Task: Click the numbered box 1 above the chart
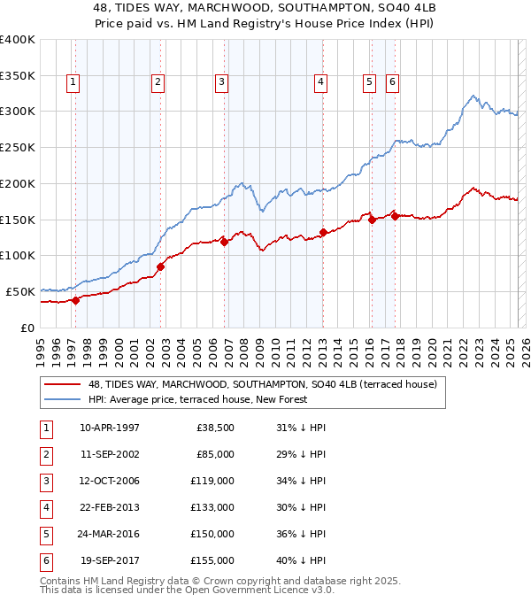coord(72,82)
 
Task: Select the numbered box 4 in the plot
coord(320,82)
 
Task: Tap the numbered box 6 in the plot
coord(391,82)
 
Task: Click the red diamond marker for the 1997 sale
coord(75,299)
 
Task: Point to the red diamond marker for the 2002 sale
coord(160,266)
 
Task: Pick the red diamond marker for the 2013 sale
coord(323,232)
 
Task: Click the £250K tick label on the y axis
coord(18,147)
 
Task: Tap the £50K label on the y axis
coord(21,291)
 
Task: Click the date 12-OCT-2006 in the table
coord(110,481)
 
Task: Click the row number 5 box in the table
coord(44,534)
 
